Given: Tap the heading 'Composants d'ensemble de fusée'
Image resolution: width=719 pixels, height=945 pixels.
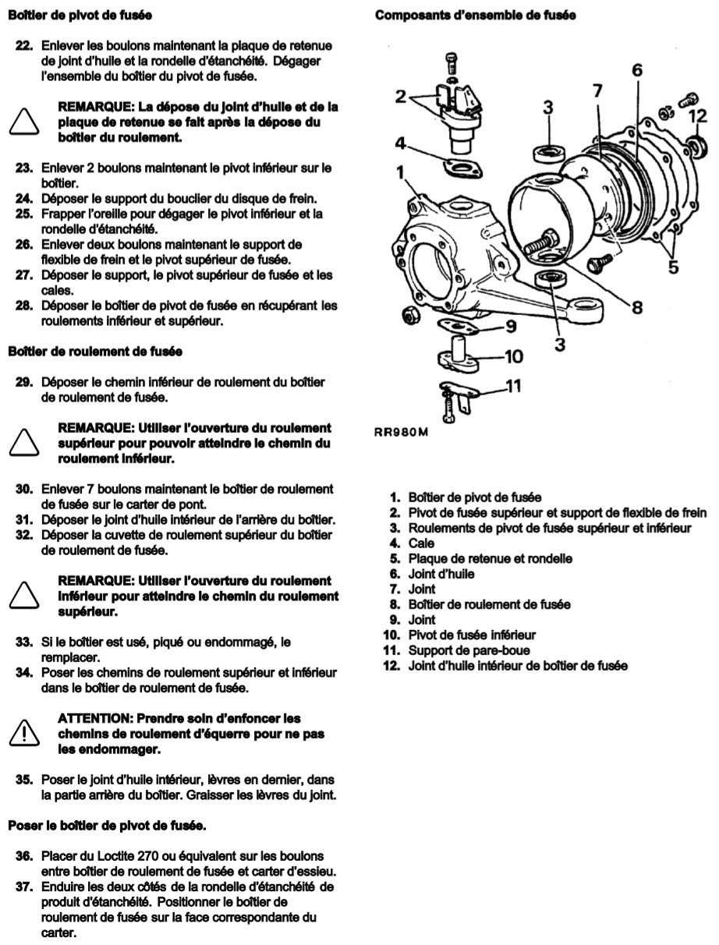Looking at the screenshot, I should (475, 16).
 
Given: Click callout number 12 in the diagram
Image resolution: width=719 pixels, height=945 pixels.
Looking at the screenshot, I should (699, 115).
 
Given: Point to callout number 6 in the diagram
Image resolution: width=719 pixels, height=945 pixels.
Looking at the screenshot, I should (637, 71).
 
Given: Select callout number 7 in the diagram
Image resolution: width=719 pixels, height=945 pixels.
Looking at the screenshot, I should (597, 91).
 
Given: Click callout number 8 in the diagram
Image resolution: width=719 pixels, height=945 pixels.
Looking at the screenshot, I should (636, 307).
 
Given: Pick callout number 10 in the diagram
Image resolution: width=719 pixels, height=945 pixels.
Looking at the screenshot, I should (512, 357).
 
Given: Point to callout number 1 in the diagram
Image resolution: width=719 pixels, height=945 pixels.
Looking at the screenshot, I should (402, 173).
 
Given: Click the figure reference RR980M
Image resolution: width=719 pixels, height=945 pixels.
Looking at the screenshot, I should (402, 434).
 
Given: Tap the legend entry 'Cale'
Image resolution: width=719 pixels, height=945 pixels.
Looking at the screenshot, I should (421, 543).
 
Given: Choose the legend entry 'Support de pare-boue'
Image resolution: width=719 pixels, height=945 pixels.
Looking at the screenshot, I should (466, 649).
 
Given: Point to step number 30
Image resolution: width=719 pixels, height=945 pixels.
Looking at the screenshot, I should (24, 488).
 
